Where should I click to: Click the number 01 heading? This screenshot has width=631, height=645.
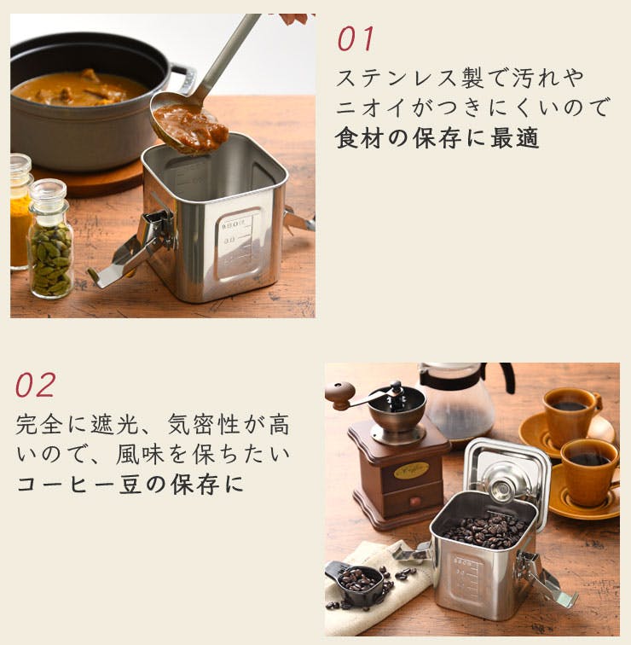[356, 38]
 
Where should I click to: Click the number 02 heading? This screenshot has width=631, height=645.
[35, 385]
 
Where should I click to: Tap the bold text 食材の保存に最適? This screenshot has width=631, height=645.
[437, 138]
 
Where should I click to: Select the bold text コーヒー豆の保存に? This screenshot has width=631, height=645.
[130, 485]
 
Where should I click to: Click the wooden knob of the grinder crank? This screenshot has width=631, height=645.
[340, 394]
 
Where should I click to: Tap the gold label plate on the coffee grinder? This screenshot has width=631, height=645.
[411, 470]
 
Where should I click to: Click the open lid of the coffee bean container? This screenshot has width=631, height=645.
[507, 477]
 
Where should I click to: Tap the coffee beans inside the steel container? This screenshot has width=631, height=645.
[483, 530]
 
